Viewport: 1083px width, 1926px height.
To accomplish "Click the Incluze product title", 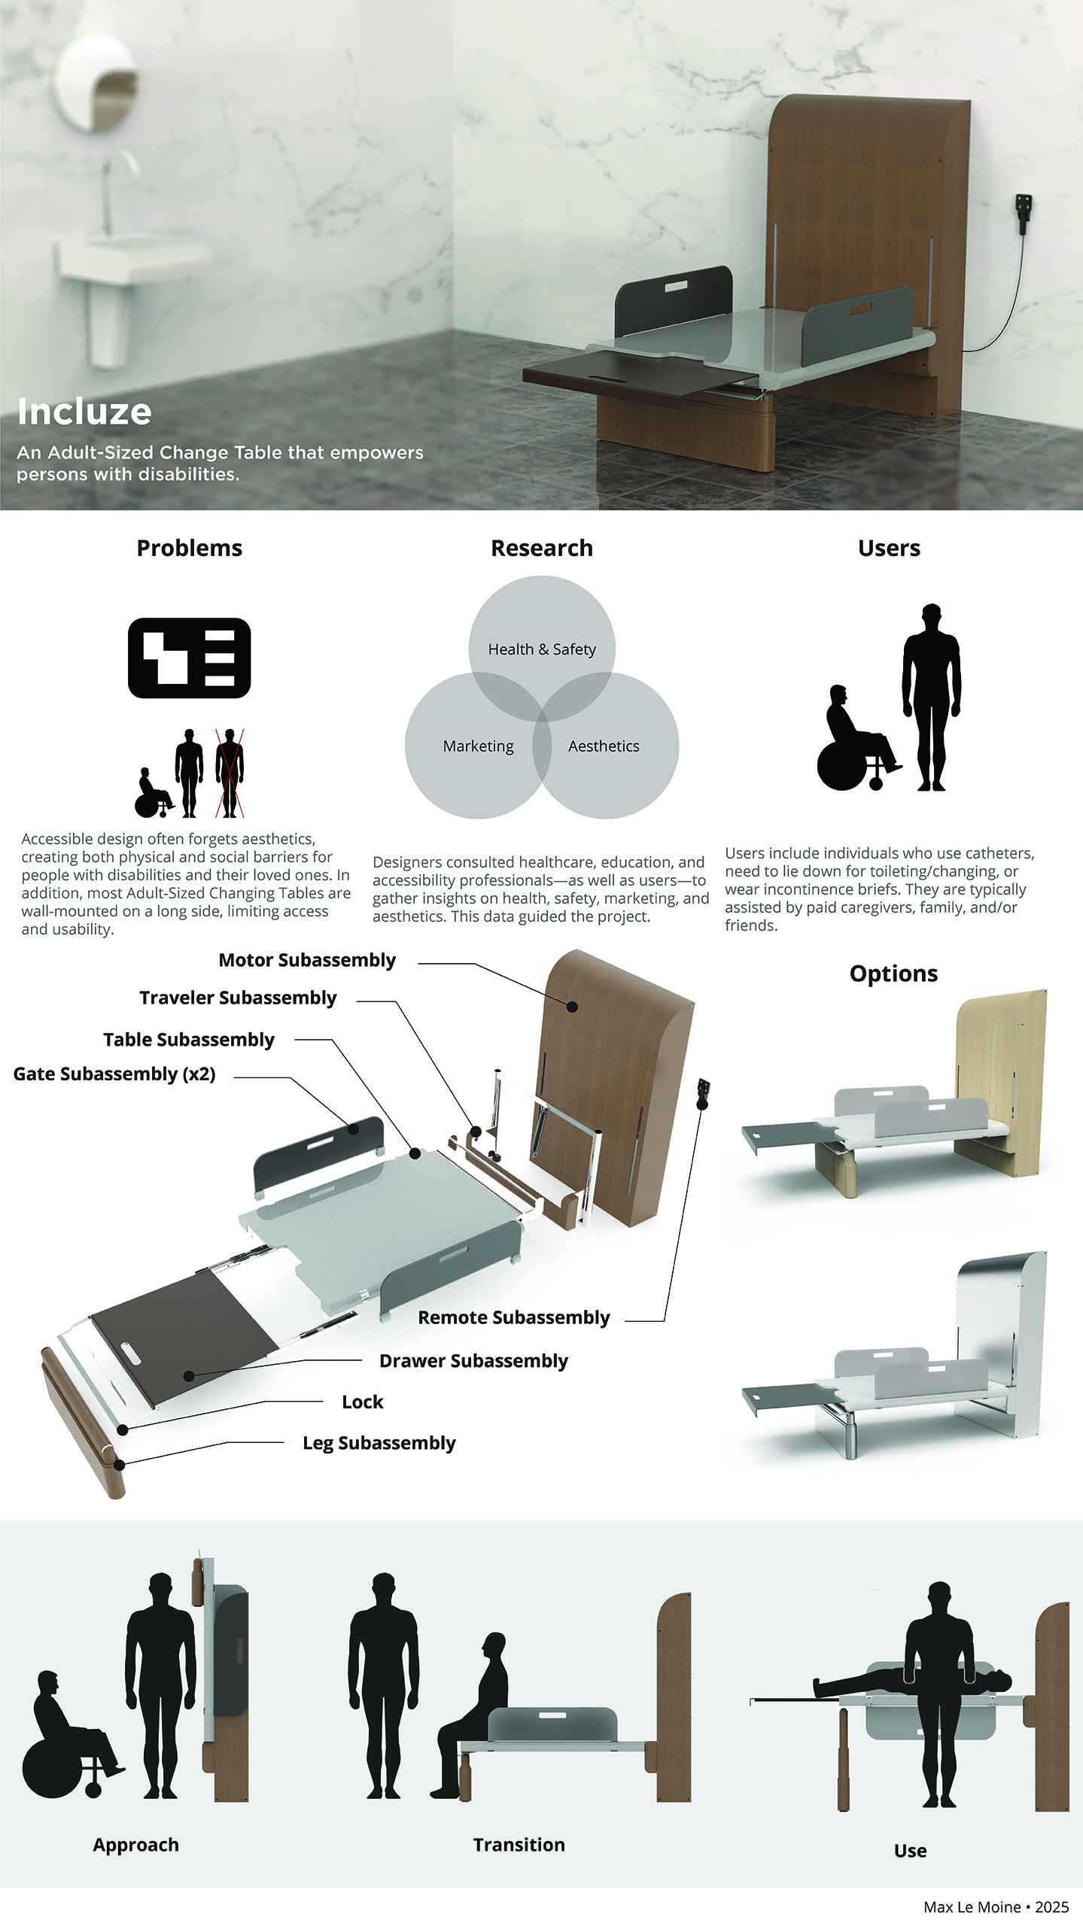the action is (84, 412).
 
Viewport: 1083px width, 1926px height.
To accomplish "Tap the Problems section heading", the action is (190, 548).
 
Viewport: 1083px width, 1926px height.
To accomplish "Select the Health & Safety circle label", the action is (542, 649).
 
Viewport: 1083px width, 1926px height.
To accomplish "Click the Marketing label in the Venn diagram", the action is (478, 746).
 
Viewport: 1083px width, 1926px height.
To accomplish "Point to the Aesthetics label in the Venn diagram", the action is (604, 746).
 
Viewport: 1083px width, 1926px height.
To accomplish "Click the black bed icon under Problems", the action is (190, 658).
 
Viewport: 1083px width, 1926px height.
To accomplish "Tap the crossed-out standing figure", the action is (230, 773).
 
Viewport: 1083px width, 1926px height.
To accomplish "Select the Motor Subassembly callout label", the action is (307, 960).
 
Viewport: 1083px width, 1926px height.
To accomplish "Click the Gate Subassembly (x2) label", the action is (114, 1074).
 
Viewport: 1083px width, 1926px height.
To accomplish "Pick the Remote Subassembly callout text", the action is (514, 1317).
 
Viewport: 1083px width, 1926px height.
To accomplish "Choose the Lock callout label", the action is (363, 1402).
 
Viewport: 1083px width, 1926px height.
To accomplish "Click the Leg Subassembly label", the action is (379, 1443).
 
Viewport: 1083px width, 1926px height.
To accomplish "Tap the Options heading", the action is (893, 974).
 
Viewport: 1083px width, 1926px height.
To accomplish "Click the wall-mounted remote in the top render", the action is (1022, 214).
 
